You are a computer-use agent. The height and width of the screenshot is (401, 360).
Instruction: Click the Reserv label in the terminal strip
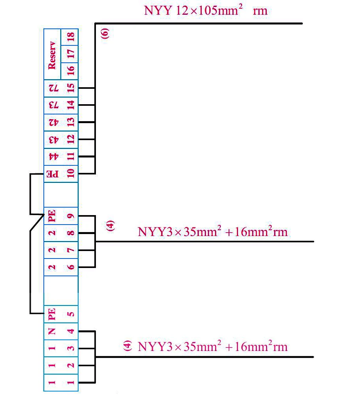[52, 55]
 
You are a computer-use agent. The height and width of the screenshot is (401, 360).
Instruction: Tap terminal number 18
[71, 37]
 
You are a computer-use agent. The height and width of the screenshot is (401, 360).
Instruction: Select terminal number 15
[71, 88]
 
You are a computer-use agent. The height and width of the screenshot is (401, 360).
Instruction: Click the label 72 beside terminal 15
[54, 88]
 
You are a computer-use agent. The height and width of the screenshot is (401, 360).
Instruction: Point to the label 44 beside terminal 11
[54, 156]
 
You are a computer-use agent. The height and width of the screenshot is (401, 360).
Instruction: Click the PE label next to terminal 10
[52, 174]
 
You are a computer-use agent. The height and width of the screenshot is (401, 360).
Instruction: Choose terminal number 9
[71, 216]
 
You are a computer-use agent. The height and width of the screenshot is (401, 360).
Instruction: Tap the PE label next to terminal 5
[52, 314]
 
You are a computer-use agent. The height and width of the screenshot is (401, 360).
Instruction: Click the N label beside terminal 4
[52, 331]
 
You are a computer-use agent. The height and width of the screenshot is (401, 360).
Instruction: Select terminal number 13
[71, 122]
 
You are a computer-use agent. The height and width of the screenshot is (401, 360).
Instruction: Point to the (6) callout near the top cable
[105, 34]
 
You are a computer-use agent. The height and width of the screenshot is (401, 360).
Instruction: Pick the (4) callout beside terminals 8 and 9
[110, 226]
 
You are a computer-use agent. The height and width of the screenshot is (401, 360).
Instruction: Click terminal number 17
[71, 54]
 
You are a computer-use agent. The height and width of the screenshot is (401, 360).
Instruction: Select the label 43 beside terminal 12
[54, 139]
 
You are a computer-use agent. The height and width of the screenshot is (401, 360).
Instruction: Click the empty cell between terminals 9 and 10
[61, 195]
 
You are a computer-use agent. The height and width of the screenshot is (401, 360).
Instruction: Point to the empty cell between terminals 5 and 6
[61, 290]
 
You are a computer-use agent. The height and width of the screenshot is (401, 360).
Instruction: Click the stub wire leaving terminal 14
[86, 105]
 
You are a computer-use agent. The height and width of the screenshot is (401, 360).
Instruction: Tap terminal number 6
[71, 267]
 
